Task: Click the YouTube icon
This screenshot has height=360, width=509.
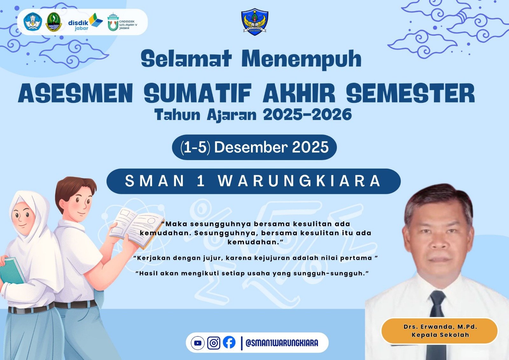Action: point(198,343)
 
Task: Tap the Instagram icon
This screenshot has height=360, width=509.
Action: point(213,343)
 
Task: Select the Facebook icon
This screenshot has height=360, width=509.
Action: point(229,342)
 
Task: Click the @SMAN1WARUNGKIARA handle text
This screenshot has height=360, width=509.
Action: point(282,343)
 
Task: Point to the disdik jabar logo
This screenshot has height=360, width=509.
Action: point(86,22)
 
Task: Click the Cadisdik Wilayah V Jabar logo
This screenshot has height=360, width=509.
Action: point(122,22)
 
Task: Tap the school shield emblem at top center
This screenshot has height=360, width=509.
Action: point(255,22)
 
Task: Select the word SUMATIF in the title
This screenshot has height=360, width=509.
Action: point(198,93)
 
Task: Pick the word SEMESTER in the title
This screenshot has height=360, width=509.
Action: point(411,93)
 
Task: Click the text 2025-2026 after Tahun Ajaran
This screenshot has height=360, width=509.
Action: point(307,114)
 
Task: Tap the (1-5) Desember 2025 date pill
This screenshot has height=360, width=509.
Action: point(254,147)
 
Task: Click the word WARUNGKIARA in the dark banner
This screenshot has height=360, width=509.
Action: point(299,181)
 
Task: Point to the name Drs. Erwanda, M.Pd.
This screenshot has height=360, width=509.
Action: point(440,327)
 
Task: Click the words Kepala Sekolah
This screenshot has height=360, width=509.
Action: point(440,335)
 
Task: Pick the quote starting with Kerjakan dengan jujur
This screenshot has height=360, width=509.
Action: point(255,258)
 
